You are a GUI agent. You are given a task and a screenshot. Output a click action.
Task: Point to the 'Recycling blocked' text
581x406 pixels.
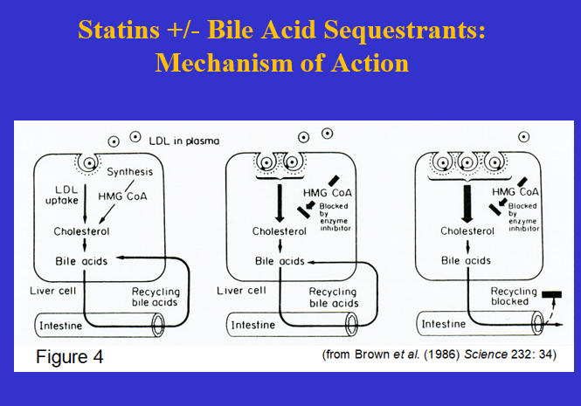tap(510, 295)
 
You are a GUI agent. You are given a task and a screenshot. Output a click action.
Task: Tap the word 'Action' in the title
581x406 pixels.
tap(366, 64)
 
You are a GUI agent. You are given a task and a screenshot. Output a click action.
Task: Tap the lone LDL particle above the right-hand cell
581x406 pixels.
tap(523, 137)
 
